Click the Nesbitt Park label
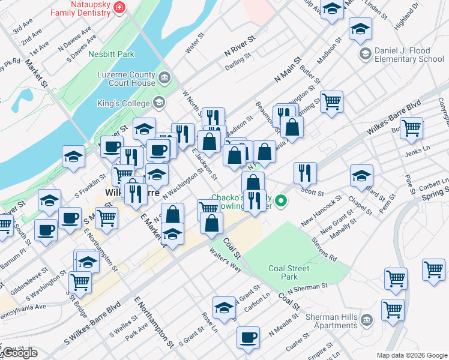click(111, 54)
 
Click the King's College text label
click(123, 103)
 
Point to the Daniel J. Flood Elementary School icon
click(364, 55)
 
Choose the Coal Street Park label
click(283, 273)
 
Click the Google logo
click(19, 353)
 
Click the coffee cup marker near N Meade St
click(247, 337)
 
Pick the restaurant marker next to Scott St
click(305, 173)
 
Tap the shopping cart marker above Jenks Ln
click(411, 127)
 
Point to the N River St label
click(240, 45)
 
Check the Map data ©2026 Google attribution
click(411, 355)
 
